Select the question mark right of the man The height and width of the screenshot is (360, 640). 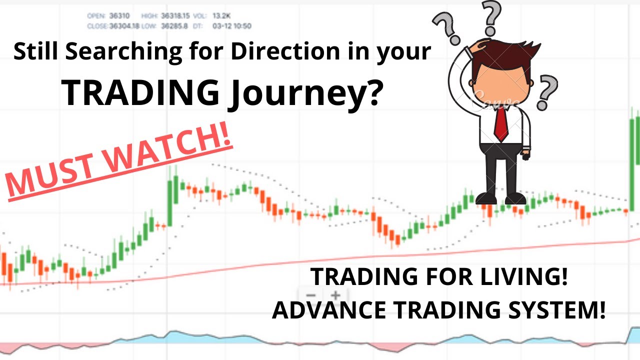tap(548, 90)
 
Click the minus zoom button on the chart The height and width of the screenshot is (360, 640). tap(311, 295)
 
